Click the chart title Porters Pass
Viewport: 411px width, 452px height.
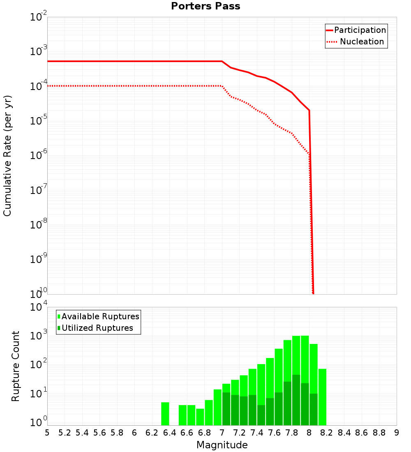(x=205, y=6)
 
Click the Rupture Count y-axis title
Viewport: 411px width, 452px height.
(x=16, y=366)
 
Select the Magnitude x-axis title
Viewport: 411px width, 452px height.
(x=222, y=445)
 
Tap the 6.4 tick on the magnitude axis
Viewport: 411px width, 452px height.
(x=169, y=433)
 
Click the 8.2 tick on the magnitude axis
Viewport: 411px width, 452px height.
(x=327, y=433)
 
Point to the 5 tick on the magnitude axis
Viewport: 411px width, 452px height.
(x=47, y=433)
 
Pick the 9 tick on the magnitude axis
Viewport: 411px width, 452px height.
(x=397, y=433)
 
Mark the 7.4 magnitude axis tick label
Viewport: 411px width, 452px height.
(x=257, y=433)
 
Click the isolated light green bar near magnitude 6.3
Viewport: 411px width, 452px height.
(x=165, y=414)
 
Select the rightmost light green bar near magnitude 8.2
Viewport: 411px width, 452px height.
(x=322, y=397)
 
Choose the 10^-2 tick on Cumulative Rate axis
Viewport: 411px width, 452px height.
(x=39, y=17)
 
